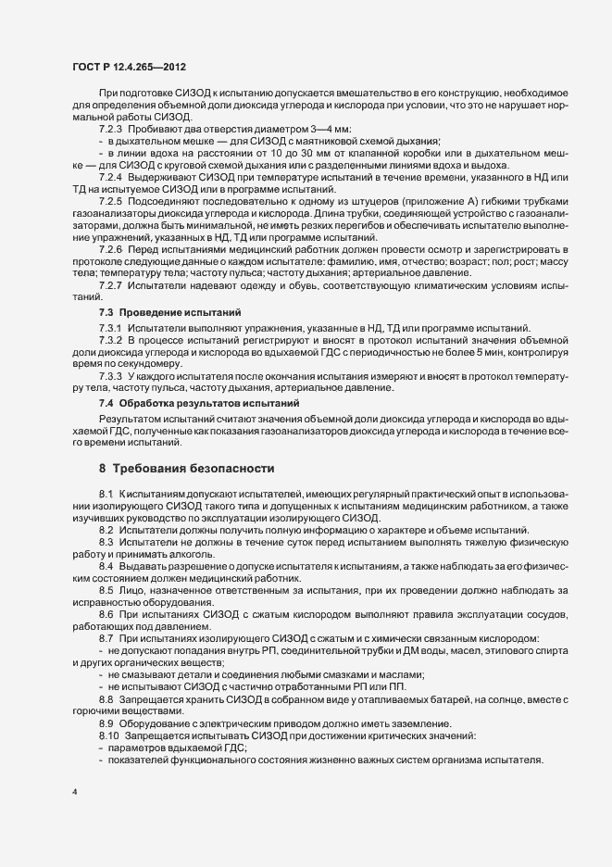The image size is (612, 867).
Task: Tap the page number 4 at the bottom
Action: pos(74,793)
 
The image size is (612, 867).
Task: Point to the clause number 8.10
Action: pos(107,734)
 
